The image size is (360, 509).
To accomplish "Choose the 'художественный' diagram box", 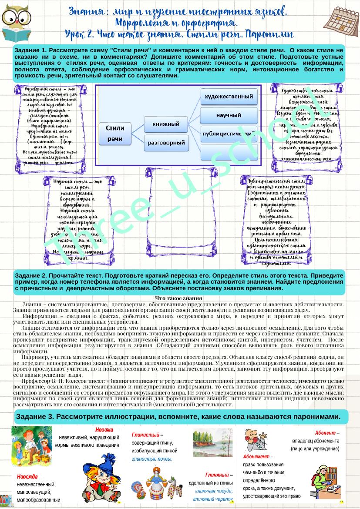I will [x=229, y=96].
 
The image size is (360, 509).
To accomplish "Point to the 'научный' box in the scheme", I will [x=229, y=115].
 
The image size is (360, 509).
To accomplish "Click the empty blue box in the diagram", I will [x=229, y=152].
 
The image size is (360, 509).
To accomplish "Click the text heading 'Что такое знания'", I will [x=178, y=298].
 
